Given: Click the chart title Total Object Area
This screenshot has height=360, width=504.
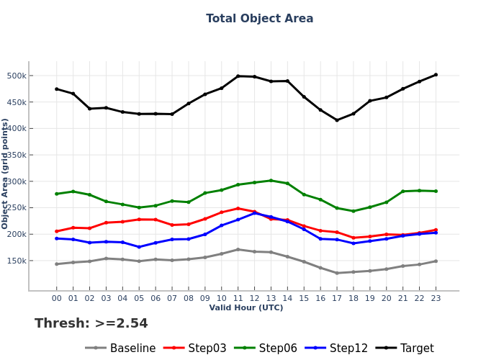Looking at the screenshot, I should click(259, 19).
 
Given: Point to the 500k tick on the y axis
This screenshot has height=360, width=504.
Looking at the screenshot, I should click(17, 76).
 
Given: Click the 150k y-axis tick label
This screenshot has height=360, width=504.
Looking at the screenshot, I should click(17, 261).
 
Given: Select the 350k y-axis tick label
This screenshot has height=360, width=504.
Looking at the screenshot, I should click(17, 155).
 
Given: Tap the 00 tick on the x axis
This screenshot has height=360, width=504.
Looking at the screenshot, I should click(57, 297).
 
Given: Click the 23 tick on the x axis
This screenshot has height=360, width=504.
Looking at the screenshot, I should click(436, 297).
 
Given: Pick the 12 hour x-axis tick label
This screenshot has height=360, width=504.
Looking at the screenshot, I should click(254, 297).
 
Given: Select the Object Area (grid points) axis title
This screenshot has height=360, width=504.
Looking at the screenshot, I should click(6, 174).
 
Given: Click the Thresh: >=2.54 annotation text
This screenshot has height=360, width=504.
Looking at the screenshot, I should click(91, 324).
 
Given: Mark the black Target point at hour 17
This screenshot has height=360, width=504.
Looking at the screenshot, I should click(337, 120).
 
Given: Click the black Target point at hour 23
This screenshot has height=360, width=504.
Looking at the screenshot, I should click(436, 75).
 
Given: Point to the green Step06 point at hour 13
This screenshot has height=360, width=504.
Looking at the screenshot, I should click(271, 181).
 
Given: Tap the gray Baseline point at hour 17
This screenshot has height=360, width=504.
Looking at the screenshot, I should click(337, 273).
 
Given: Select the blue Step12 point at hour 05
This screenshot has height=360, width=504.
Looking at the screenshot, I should click(139, 247).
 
